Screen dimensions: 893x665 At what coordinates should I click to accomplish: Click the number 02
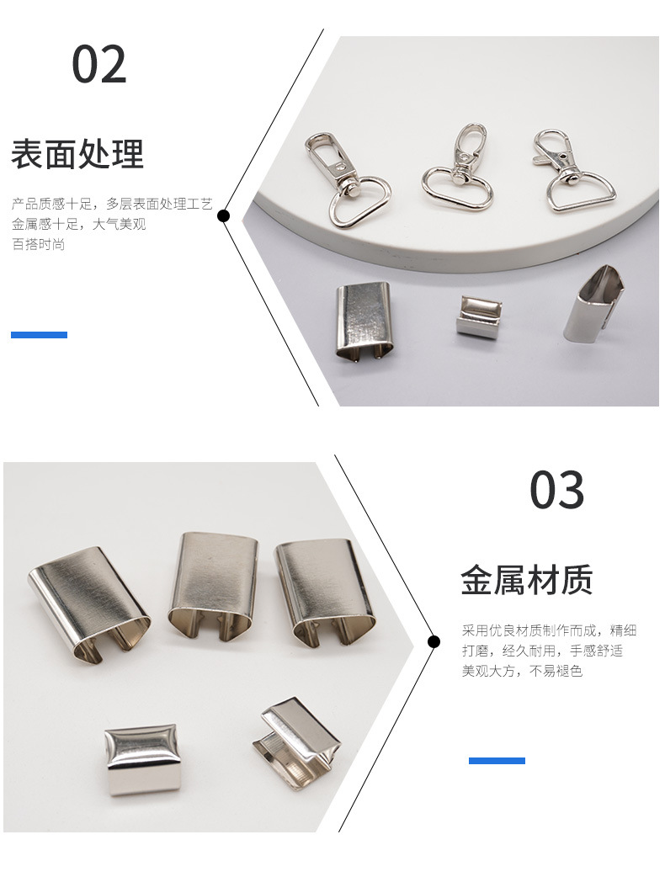coord(98,65)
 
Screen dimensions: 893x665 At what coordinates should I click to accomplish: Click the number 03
coord(556,490)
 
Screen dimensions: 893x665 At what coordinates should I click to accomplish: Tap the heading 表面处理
coord(77,154)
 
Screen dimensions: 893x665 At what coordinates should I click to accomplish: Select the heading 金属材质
coord(527,581)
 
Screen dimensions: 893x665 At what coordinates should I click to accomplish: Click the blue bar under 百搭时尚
coord(39,335)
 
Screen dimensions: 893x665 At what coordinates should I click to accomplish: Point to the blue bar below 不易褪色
coord(497,761)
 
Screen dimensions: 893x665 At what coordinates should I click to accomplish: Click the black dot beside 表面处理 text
coord(223,216)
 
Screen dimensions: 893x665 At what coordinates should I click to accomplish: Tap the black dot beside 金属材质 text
coord(434,642)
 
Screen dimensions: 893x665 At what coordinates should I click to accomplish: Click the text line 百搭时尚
coord(38,245)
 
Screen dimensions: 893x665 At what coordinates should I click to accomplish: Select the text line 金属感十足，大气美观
coord(79,225)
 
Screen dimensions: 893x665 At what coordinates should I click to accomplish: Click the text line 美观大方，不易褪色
coord(522,672)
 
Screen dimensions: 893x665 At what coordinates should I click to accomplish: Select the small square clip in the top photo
coord(479,316)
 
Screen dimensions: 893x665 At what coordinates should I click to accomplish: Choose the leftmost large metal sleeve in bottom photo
coord(88,601)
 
